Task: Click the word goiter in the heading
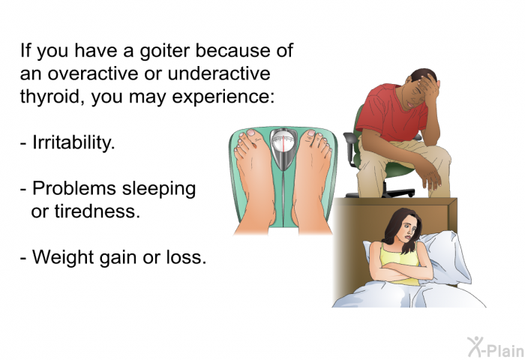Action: [164, 52]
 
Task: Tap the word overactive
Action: [93, 73]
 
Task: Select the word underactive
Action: [219, 73]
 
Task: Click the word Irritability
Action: [73, 142]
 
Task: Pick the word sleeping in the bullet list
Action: [159, 190]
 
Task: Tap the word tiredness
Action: [97, 211]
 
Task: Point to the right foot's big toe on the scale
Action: [310, 136]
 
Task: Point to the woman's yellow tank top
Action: [399, 261]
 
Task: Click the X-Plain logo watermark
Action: [496, 347]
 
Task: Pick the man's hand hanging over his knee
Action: [431, 174]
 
